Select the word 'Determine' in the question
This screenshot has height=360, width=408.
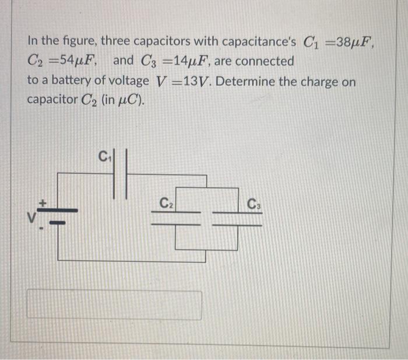(249, 82)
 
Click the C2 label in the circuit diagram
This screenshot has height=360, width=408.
(167, 204)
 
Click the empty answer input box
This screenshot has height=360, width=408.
(115, 305)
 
